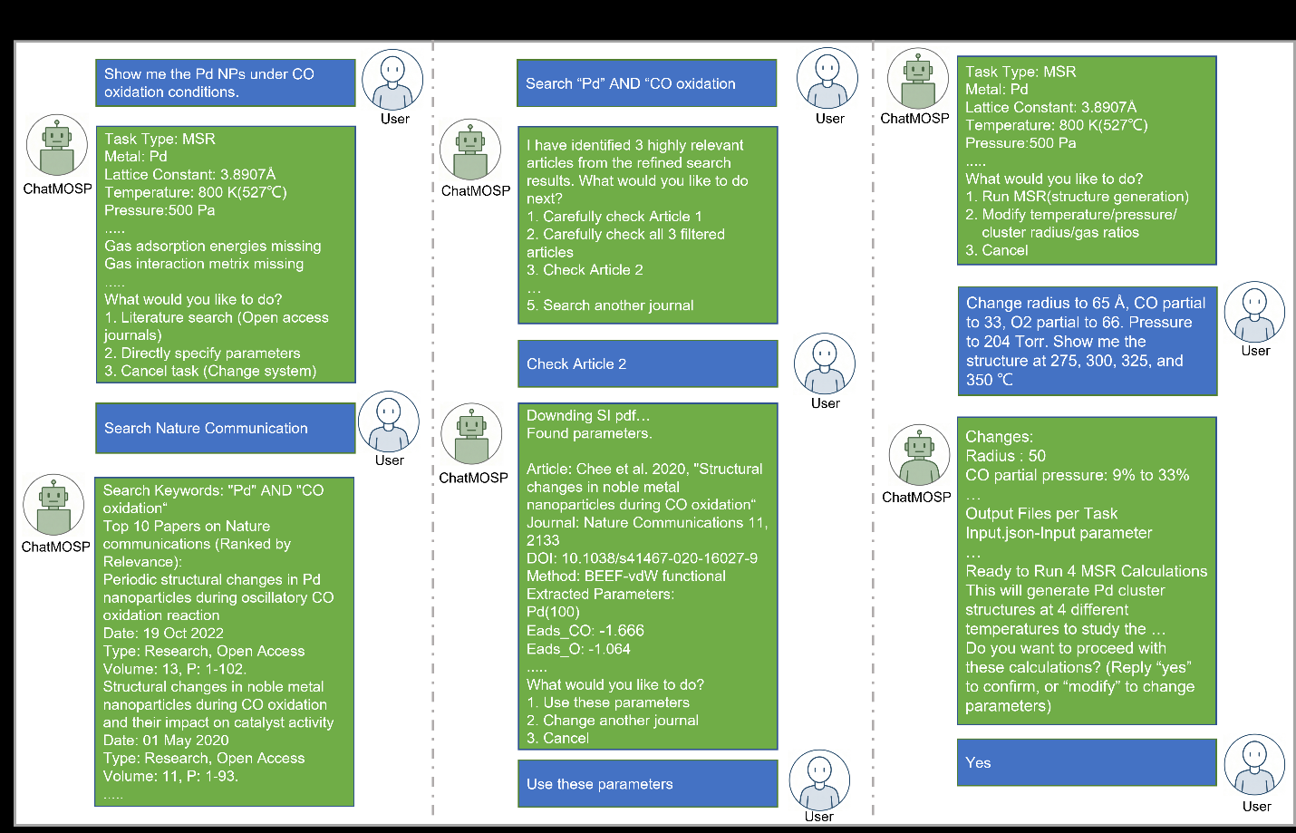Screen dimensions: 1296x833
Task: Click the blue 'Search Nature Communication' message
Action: coord(225,428)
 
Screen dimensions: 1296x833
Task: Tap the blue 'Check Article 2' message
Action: coord(647,363)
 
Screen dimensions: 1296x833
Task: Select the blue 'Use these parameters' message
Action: coord(647,784)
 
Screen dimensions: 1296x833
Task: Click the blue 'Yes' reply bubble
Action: coord(1087,762)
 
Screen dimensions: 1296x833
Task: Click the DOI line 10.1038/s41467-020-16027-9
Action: coord(642,558)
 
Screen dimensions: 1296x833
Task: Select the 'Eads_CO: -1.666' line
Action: coord(585,631)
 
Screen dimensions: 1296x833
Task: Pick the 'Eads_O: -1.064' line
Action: coord(578,649)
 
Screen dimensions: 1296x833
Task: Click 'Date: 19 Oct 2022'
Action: coord(163,633)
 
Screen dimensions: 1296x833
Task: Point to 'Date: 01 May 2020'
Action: coord(166,741)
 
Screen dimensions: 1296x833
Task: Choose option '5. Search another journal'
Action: coord(610,305)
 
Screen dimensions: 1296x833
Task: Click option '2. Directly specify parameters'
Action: coord(202,353)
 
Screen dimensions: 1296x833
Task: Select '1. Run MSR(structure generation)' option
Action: coord(1078,197)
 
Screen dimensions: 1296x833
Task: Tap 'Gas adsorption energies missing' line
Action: coord(212,246)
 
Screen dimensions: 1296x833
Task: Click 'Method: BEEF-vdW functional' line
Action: coord(626,576)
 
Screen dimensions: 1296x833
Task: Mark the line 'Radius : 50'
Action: coord(1006,456)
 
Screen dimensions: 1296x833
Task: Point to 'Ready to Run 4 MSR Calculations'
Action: coord(1087,571)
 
